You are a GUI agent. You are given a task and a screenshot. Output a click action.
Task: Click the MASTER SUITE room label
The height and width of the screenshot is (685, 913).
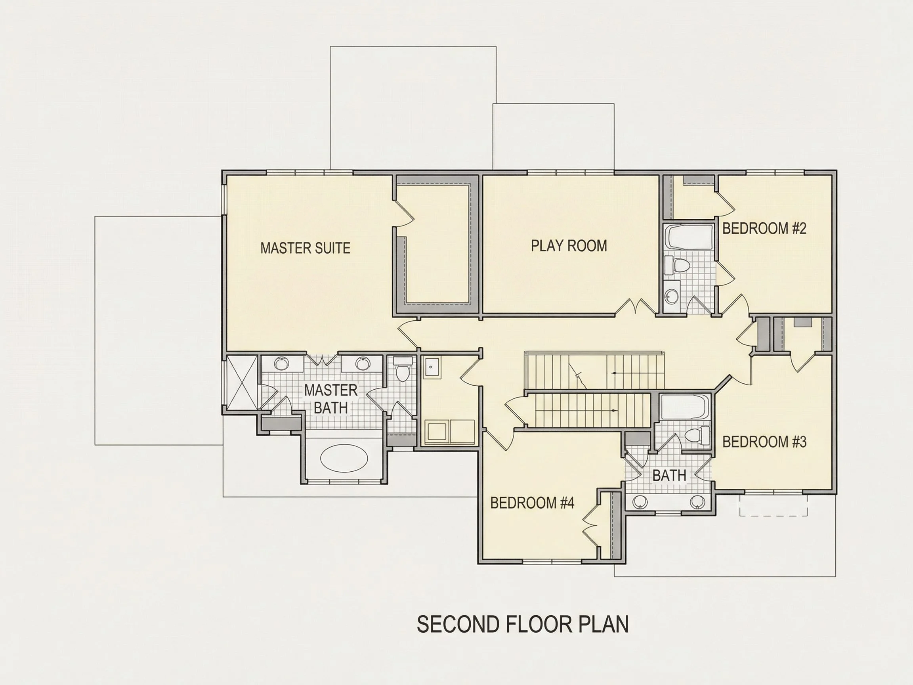click(x=306, y=248)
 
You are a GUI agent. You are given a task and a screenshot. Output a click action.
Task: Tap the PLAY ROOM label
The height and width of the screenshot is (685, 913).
click(x=569, y=246)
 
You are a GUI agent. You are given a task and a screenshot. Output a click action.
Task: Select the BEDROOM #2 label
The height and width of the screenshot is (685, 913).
click(x=764, y=228)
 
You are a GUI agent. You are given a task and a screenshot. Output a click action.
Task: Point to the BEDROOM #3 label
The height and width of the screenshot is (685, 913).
click(x=764, y=442)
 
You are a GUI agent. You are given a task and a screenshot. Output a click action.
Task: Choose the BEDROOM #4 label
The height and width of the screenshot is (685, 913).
click(x=532, y=503)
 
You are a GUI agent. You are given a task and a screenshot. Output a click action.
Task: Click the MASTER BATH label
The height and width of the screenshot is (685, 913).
click(x=330, y=399)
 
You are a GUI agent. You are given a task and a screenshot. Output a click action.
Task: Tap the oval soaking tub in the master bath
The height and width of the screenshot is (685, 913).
click(x=344, y=458)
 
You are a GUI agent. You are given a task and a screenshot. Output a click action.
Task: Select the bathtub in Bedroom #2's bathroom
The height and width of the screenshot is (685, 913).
click(x=690, y=237)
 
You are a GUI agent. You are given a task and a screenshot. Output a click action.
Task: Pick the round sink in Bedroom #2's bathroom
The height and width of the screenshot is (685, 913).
click(x=672, y=296)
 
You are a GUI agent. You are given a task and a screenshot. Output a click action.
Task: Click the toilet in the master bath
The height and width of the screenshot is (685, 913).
click(x=403, y=368)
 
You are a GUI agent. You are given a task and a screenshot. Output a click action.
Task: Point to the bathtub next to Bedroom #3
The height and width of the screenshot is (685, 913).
click(x=684, y=407)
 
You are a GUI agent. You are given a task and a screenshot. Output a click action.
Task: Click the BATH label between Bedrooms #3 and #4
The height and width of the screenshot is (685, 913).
click(x=669, y=475)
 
